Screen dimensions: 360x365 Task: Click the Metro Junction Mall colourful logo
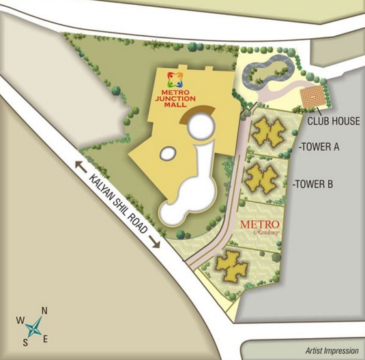177,79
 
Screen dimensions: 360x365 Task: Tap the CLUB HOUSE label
332,122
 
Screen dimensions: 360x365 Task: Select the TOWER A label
320,147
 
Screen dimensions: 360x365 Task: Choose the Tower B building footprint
260,177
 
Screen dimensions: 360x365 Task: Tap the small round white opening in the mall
200,126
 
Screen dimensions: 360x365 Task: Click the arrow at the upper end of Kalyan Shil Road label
80,166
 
